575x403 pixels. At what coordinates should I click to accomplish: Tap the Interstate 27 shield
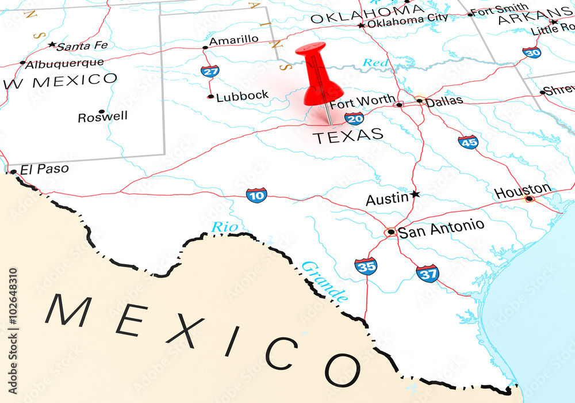[210, 71]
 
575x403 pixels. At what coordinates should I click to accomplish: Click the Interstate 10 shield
[256, 195]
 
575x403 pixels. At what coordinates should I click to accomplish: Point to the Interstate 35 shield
[366, 266]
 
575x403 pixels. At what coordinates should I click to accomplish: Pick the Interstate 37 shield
[428, 273]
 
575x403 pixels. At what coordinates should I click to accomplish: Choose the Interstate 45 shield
[468, 142]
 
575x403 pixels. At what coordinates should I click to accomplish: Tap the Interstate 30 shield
[532, 52]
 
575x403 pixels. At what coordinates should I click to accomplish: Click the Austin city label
[387, 199]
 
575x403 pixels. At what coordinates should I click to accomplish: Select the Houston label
[523, 191]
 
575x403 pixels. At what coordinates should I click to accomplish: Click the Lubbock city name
[242, 96]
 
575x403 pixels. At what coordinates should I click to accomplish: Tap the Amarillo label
[233, 40]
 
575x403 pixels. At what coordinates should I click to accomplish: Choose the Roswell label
[103, 117]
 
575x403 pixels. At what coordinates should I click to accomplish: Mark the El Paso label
[44, 169]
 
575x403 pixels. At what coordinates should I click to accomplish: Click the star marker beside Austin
[415, 195]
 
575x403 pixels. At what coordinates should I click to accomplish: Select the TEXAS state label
[348, 136]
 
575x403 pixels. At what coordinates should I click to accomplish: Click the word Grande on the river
[325, 281]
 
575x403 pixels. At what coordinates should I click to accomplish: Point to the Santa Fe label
[82, 46]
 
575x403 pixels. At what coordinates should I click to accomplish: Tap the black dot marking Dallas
[420, 101]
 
